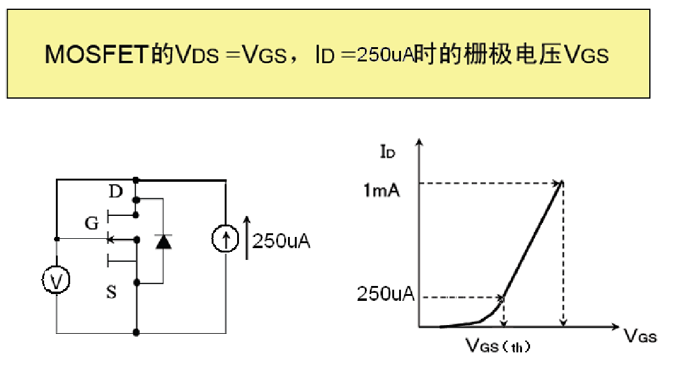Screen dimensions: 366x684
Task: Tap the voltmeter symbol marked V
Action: coord(56,281)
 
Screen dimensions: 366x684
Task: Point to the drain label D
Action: coord(115,191)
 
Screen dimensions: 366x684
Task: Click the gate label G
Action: coord(92,224)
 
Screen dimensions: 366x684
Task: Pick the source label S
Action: coord(111,292)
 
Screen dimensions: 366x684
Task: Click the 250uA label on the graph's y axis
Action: coord(385,294)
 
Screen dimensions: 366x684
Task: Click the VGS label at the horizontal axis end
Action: coord(640,336)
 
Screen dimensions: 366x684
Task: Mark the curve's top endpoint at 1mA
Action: coord(562,182)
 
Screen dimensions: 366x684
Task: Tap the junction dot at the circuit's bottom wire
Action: coord(135,333)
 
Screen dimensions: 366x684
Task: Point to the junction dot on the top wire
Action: coord(135,181)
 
